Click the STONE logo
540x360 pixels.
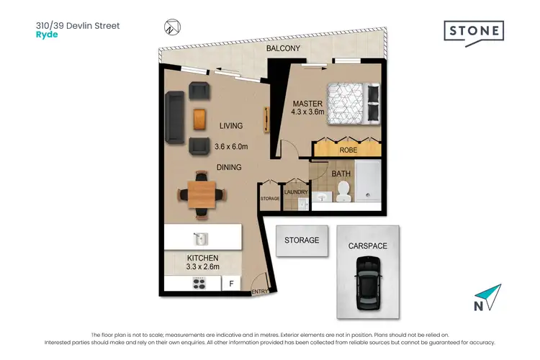click(473, 32)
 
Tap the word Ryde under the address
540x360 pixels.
click(46, 33)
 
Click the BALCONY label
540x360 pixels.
click(283, 49)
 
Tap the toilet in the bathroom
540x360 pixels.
click(343, 190)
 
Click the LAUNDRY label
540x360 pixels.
click(296, 192)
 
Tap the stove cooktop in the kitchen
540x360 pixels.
click(201, 284)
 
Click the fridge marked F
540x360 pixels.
click(231, 284)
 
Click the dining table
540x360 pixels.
click(202, 193)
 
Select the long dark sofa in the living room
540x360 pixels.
click(174, 117)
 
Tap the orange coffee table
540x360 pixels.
click(200, 117)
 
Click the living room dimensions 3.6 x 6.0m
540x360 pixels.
click(231, 147)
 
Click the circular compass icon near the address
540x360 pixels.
click(170, 27)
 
